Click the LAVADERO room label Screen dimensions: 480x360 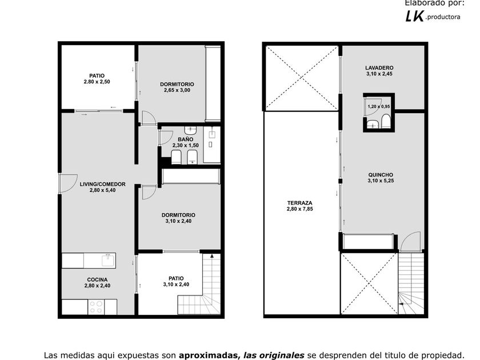pos(379,67)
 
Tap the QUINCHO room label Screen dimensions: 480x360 pos(381,175)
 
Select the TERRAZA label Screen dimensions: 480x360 pos(299,203)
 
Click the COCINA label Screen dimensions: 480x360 pos(97,279)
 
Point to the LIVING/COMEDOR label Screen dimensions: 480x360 pos(102,184)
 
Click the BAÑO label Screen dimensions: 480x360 pos(185,139)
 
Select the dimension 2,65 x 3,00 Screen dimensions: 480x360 pos(177,90)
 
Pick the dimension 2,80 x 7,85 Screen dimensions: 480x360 pos(299,209)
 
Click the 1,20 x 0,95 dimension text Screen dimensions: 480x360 pos(379,106)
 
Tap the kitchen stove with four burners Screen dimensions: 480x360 pos(96,307)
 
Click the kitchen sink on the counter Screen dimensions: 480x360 pos(107,261)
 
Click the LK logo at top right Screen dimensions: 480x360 pos(415,16)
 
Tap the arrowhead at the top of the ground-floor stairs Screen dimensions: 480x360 pos(212,256)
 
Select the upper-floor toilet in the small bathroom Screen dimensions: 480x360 pos(386,122)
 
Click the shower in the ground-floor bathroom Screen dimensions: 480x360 pos(212,144)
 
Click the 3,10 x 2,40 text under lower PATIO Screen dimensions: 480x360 pos(176,285)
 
